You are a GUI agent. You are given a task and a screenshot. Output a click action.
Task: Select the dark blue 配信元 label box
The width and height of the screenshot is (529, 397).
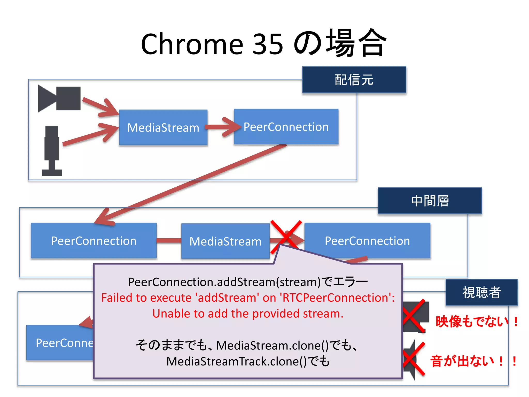[354, 80]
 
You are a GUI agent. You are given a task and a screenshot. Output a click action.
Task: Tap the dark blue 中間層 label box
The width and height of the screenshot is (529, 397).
[430, 201]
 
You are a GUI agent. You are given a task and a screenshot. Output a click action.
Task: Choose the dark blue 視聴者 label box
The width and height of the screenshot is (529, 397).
[481, 292]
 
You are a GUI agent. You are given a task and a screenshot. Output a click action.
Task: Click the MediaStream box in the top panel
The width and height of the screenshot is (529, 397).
[163, 127]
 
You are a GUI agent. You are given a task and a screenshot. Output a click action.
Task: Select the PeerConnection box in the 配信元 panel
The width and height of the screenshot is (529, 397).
[286, 127]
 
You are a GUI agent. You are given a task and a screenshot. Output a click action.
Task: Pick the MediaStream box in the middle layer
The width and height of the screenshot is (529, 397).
[225, 241]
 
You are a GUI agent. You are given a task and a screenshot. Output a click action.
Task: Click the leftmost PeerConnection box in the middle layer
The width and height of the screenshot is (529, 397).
[94, 241]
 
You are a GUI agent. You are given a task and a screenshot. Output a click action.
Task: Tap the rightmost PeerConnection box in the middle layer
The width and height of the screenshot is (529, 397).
[367, 241]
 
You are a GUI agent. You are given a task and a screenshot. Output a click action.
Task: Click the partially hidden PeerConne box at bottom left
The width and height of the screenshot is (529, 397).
[61, 343]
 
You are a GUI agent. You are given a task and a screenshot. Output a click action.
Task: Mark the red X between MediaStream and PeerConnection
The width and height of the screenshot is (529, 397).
[286, 236]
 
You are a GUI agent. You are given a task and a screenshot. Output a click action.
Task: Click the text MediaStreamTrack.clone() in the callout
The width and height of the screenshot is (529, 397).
[236, 361]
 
